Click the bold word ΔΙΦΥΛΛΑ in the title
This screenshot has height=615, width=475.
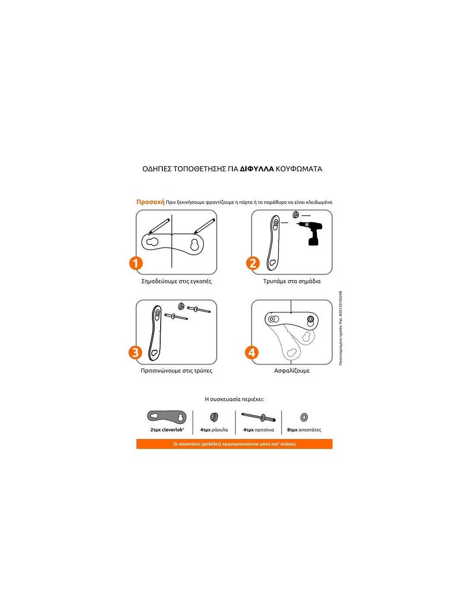257,169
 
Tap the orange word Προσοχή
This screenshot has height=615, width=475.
150,202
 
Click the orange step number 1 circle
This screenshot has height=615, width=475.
136,263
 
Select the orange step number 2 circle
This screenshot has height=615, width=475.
253,263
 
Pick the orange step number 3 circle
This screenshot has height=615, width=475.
135,352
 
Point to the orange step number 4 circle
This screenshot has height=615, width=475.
252,352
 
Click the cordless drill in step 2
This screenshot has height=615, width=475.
310,234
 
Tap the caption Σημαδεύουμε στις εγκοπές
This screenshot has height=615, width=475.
176,281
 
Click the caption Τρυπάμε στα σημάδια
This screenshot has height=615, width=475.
292,281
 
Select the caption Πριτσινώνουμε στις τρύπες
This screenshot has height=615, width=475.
176,371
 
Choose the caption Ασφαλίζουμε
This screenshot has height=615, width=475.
292,371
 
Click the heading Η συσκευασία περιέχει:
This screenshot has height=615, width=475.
234,399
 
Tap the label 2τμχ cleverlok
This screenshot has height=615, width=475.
167,429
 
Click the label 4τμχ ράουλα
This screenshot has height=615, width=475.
214,429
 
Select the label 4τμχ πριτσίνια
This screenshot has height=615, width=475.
259,429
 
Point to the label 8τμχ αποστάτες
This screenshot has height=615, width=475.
304,429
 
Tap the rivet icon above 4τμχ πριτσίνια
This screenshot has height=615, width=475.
259,417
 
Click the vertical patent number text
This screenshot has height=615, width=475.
341,328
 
